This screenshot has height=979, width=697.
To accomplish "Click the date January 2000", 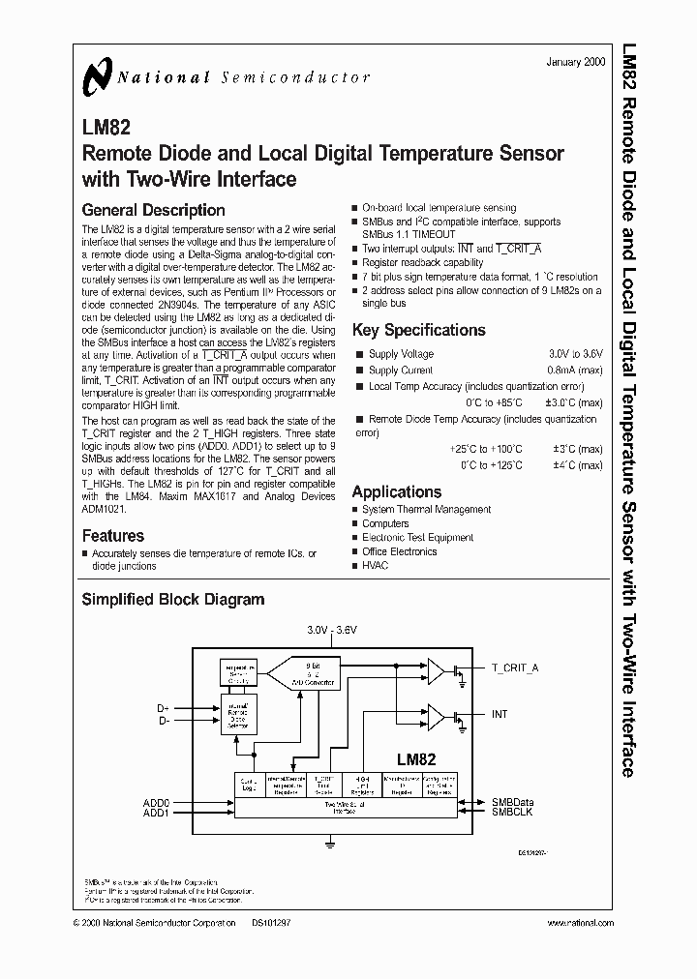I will tap(575, 61).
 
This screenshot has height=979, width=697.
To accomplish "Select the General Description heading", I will tap(153, 210).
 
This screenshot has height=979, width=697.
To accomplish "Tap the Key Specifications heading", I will tap(418, 330).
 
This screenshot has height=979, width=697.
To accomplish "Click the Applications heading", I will tap(397, 491).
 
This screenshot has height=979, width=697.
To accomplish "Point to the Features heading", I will tap(113, 535).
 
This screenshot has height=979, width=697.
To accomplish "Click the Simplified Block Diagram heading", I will tap(172, 600).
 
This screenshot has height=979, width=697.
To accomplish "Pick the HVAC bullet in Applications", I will tap(375, 566).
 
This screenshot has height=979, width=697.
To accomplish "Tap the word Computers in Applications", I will tap(385, 523).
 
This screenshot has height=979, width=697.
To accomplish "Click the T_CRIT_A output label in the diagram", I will tap(516, 667).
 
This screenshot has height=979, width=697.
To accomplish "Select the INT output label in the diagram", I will tap(500, 714).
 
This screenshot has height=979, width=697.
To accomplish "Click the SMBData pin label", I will tap(512, 802).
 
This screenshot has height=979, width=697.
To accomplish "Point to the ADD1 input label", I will tap(156, 813).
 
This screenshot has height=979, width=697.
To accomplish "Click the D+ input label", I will tap(163, 709).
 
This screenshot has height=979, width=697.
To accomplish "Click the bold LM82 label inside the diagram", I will tap(415, 760).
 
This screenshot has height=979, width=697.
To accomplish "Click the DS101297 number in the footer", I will tap(270, 924).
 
